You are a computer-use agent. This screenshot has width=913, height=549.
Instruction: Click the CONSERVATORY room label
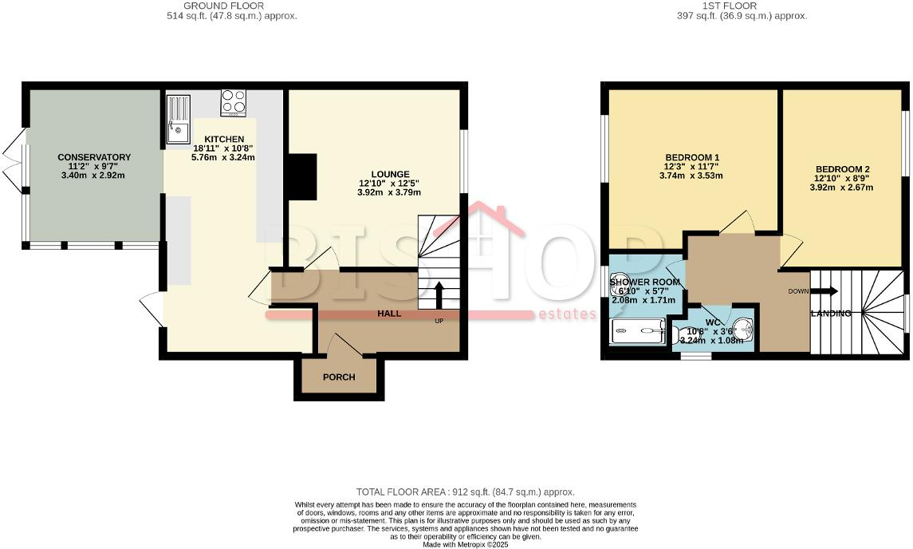(x=94, y=157)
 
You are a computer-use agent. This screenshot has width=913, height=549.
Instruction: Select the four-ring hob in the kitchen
(x=234, y=102)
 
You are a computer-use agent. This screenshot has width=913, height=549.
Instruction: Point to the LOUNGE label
(x=390, y=174)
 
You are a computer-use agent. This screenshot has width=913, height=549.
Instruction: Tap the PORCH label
(x=339, y=377)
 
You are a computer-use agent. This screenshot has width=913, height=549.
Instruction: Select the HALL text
(x=389, y=314)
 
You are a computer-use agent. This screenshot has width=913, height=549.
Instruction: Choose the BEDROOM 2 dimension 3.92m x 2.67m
(x=843, y=188)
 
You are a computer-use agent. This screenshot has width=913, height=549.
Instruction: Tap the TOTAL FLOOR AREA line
(x=465, y=492)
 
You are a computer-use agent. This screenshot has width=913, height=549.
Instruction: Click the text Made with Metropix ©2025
(x=465, y=544)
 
